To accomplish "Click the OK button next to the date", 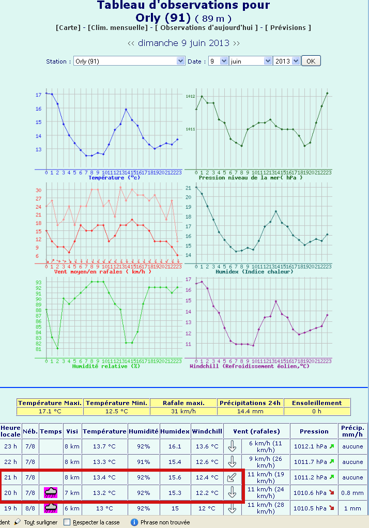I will [x=311, y=61].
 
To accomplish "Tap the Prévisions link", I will [x=288, y=27].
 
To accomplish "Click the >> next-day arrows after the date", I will [x=236, y=43].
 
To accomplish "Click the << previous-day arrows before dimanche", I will [x=131, y=43].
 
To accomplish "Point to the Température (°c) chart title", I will [x=114, y=178].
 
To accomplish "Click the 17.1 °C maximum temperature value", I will [x=50, y=411].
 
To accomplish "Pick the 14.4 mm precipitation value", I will [x=250, y=411].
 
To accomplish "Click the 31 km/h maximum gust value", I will [x=183, y=411].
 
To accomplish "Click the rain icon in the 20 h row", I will [x=51, y=492].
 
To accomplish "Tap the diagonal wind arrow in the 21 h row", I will [x=232, y=477].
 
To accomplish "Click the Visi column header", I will [x=72, y=431].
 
